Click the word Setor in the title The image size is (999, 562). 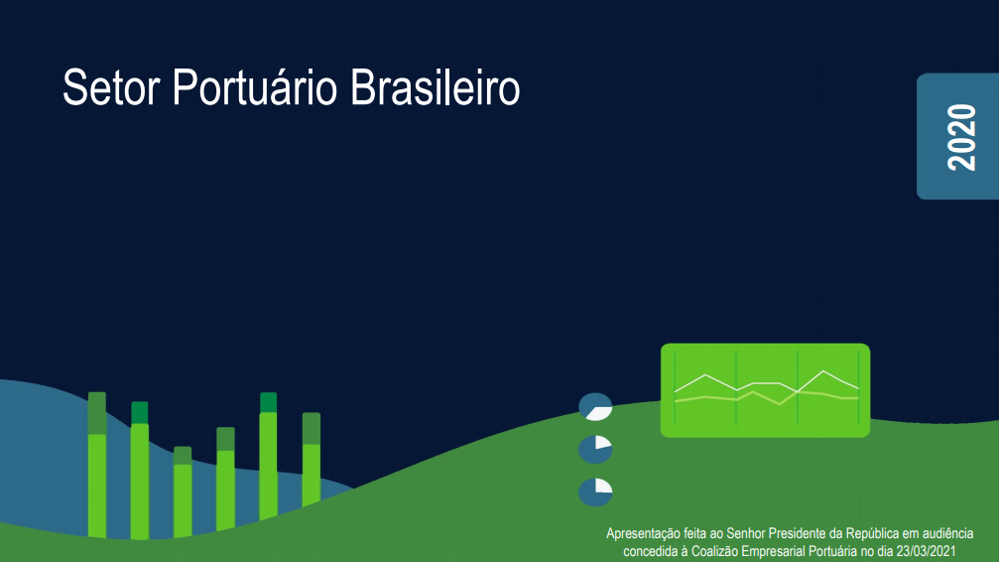(x=111, y=87)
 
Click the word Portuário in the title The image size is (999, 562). (x=255, y=87)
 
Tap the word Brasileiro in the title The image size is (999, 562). (x=436, y=87)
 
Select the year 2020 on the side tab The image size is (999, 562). (x=961, y=137)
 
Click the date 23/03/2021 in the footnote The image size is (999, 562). (x=926, y=551)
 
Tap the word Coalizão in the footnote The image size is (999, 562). (x=715, y=551)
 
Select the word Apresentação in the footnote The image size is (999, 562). (x=642, y=534)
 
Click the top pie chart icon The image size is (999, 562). (x=595, y=406)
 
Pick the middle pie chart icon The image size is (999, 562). (x=595, y=450)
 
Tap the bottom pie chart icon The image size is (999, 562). (x=595, y=492)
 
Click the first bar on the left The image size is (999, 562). (x=97, y=465)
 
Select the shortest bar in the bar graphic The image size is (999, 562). (x=183, y=492)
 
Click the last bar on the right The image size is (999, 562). (x=311, y=459)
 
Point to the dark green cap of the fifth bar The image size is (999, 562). (x=268, y=402)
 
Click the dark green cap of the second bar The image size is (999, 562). (x=140, y=413)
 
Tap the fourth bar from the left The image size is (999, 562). (x=225, y=479)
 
